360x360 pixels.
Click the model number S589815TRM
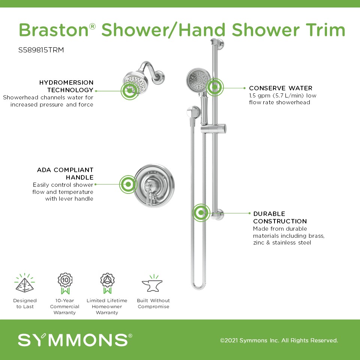41,50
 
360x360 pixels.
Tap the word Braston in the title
54,30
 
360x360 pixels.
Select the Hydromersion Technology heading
66,86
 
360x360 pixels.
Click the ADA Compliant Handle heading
65,174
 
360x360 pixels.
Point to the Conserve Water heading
280,88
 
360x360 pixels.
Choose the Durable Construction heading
280,217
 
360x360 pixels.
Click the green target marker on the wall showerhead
130,91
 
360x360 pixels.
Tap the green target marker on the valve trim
128,184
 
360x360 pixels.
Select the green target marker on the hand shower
214,87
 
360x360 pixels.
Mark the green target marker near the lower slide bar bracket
201,213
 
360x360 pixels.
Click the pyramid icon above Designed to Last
25,283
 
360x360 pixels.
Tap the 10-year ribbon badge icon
65,283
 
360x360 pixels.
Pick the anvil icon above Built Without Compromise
153,283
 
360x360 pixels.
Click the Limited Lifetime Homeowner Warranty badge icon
107,283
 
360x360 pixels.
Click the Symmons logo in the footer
75,340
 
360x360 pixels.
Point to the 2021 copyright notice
279,340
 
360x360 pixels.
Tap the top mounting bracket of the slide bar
217,44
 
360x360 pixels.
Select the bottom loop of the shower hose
198,286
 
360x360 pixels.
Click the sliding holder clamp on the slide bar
213,129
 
